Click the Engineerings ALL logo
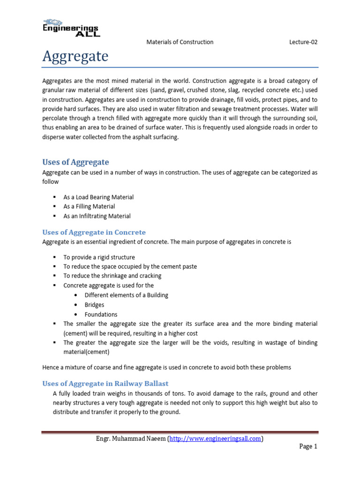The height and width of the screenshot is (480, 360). click(71, 28)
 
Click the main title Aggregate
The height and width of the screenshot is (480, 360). click(75, 57)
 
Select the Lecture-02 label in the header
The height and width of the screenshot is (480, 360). click(303, 42)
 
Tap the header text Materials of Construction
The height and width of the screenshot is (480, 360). click(180, 42)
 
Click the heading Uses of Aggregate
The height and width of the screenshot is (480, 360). click(75, 162)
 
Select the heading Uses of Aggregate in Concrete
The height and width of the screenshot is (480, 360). click(94, 232)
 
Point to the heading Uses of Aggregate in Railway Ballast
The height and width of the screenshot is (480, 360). click(105, 383)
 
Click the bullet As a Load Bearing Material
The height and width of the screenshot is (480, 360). click(98, 197)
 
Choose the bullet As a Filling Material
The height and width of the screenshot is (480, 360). click(89, 207)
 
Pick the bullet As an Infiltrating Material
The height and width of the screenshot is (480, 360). click(97, 216)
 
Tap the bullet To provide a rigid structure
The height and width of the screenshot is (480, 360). click(99, 257)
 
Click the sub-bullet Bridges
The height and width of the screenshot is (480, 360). click(94, 305)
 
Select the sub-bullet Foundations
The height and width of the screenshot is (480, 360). click(101, 315)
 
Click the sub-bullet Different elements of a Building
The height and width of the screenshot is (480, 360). click(126, 295)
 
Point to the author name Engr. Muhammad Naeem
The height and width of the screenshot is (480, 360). click(129, 439)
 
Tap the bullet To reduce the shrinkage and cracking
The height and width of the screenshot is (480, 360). click(112, 276)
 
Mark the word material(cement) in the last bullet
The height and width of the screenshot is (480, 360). click(86, 352)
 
